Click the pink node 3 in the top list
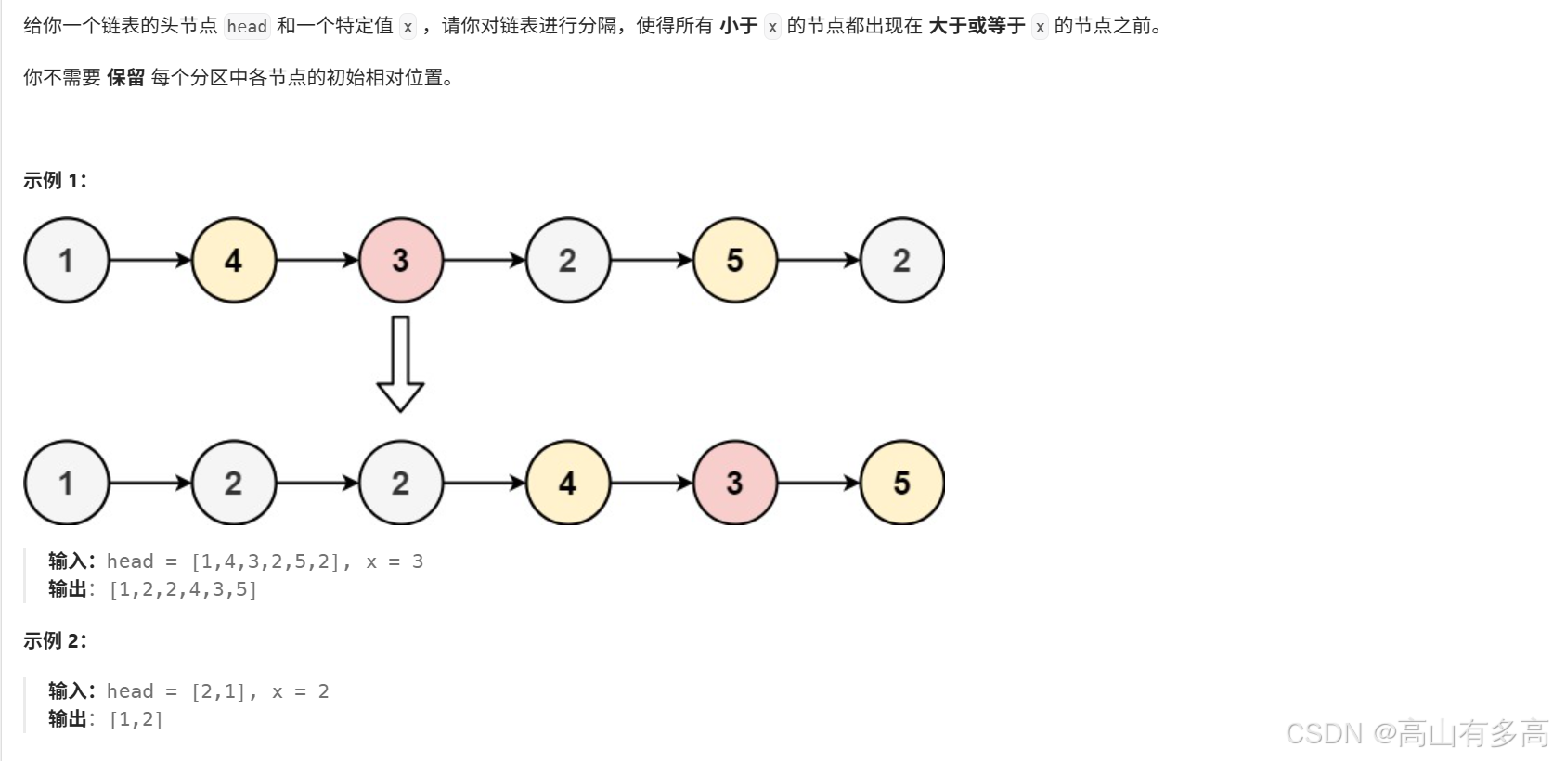(x=401, y=260)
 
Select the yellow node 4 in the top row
(x=234, y=260)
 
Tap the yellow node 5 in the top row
(x=735, y=260)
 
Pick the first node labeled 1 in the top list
(x=67, y=260)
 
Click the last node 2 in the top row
(x=902, y=260)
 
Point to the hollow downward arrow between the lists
(x=400, y=364)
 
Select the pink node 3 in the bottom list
(x=735, y=483)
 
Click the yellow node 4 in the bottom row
(x=568, y=483)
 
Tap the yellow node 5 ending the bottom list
(x=902, y=483)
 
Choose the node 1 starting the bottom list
(x=67, y=483)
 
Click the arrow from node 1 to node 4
(x=150, y=260)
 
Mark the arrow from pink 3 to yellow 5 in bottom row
(x=819, y=483)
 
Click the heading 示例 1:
(x=55, y=181)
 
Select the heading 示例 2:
(x=55, y=640)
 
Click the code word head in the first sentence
(x=247, y=27)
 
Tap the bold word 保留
(x=126, y=78)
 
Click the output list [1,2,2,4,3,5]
(x=183, y=589)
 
